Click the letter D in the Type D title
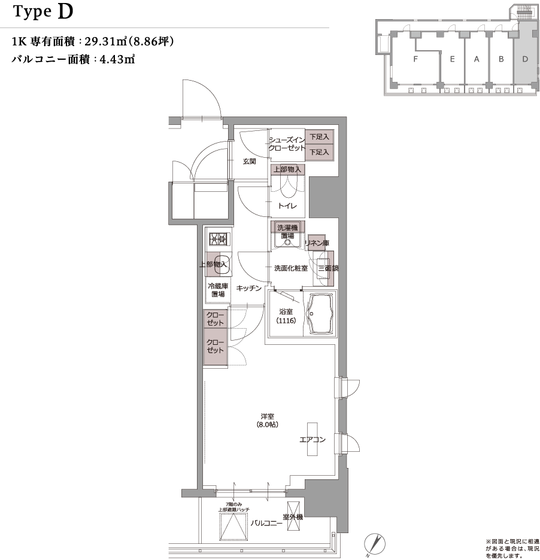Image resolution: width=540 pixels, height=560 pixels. coord(65,12)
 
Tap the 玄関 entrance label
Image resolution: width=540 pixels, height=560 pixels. coord(250,161)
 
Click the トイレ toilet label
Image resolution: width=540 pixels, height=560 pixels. coord(287,206)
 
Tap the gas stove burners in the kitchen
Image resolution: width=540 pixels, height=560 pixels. coord(217,240)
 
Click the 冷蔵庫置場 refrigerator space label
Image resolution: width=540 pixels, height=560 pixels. coord(217,290)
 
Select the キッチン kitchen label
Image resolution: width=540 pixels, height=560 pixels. coord(248,288)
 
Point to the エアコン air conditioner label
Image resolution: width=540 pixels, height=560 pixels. coord(313,440)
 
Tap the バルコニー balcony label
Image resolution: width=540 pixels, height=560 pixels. coord(266,523)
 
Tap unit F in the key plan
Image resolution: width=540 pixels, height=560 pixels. coord(414,59)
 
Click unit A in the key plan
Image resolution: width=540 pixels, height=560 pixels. coord(477,59)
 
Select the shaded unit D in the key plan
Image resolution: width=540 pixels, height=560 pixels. coord(525,59)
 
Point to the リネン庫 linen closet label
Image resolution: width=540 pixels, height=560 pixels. coord(317,243)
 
